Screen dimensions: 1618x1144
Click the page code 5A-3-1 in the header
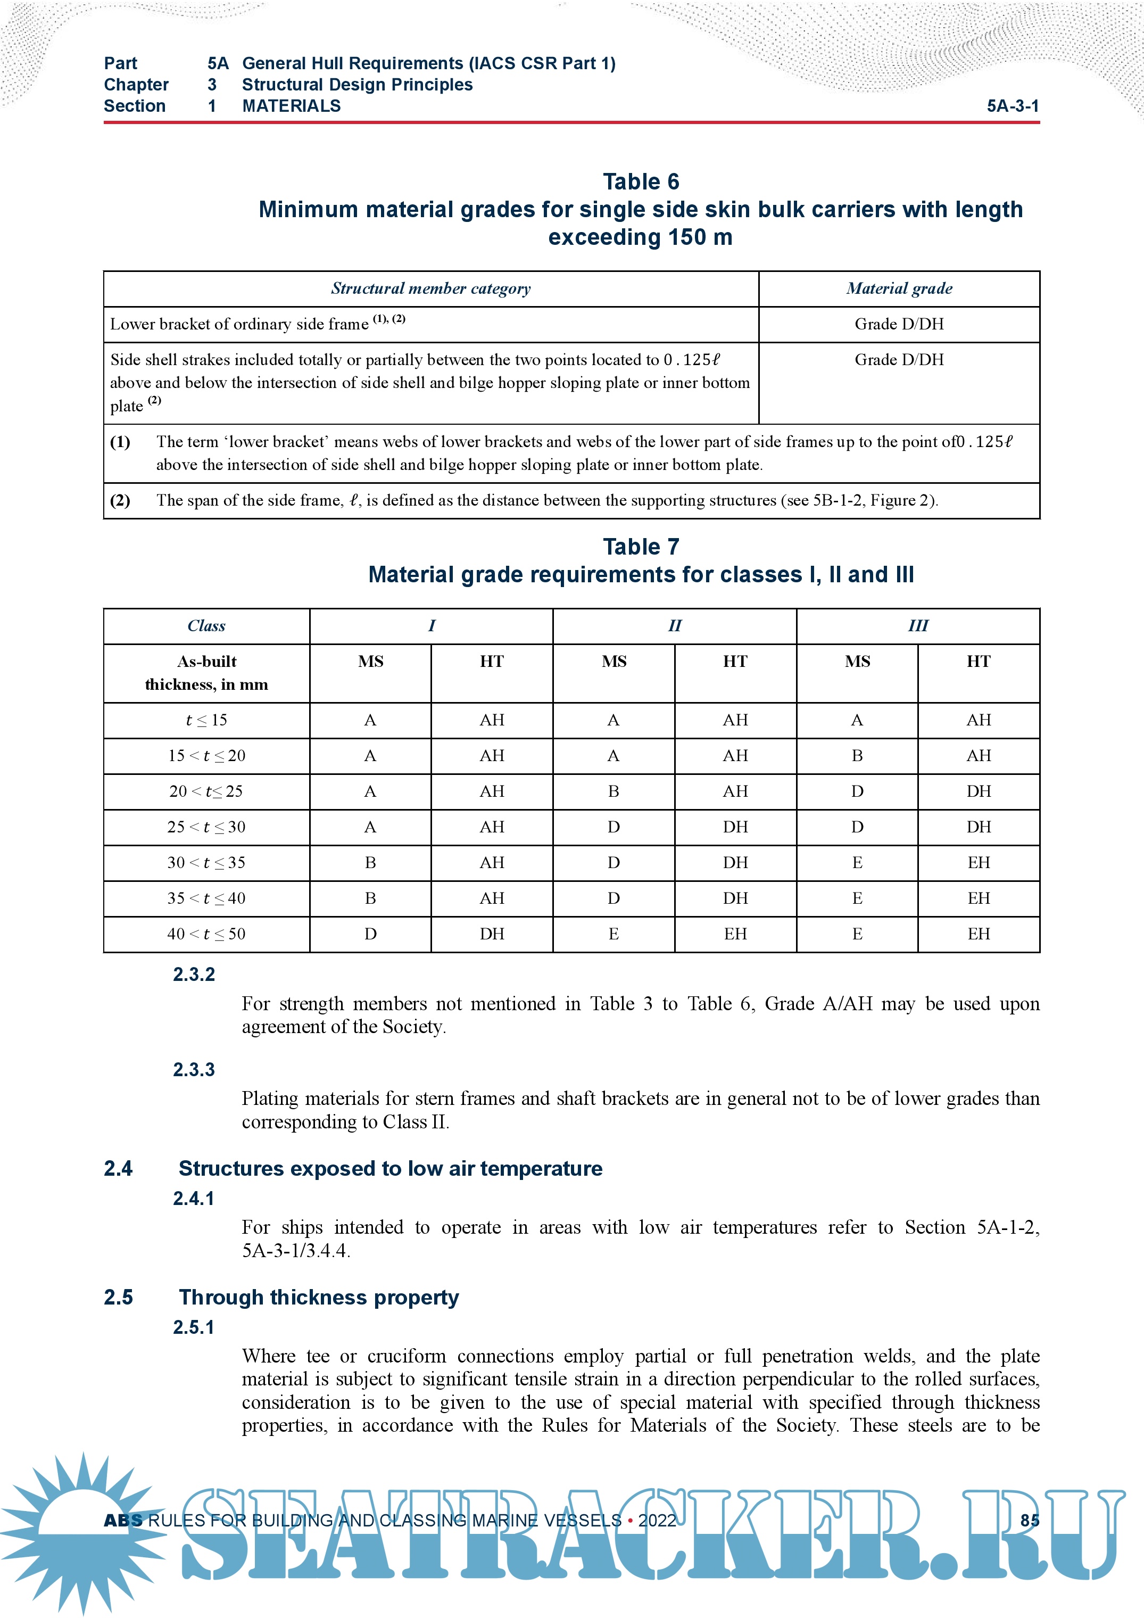click(x=1012, y=106)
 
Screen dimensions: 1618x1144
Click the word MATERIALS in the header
click(x=291, y=106)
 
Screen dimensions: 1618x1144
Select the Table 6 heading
click(x=640, y=182)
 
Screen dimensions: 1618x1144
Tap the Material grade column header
click(x=899, y=289)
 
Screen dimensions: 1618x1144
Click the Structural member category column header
click(x=430, y=289)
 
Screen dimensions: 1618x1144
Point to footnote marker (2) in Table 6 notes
click(x=120, y=500)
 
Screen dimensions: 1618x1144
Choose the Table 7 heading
click(x=640, y=547)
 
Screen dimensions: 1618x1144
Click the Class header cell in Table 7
click(x=206, y=626)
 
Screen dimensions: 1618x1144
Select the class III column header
click(x=917, y=626)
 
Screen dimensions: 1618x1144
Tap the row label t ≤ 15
click(x=206, y=720)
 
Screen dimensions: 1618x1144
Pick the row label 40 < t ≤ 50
click(x=206, y=935)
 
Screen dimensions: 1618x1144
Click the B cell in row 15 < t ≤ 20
click(x=857, y=756)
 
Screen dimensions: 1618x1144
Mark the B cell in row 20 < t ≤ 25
click(x=614, y=791)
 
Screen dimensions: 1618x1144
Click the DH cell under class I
click(x=492, y=935)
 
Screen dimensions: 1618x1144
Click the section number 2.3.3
click(x=194, y=1070)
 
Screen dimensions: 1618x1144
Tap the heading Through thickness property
click(x=318, y=1298)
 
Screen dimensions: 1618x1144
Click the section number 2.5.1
click(x=194, y=1327)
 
